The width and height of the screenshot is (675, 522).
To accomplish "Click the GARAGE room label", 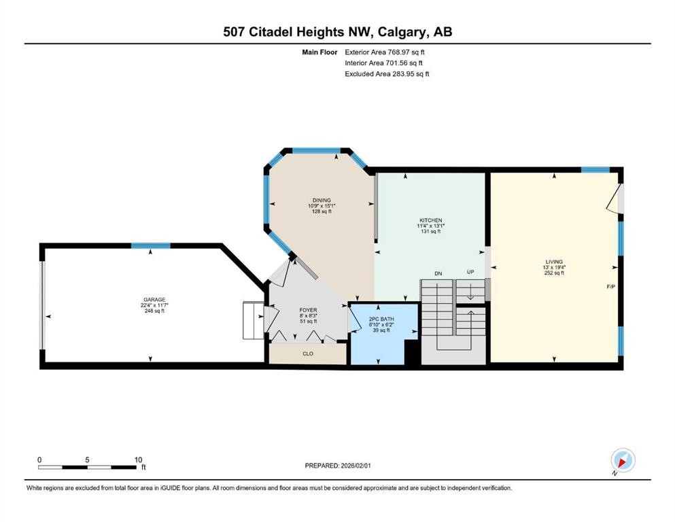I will click(150, 299).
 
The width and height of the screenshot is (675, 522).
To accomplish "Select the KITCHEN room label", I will click(430, 220).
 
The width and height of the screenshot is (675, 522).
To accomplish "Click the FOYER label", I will click(308, 310).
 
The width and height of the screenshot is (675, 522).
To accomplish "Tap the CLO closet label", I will click(307, 353).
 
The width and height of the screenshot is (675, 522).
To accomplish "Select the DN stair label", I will click(438, 273).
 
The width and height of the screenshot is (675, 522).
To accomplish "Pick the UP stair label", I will click(470, 273).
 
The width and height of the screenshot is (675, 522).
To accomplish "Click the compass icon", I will click(623, 462).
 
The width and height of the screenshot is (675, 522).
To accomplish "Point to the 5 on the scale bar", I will click(88, 459).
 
